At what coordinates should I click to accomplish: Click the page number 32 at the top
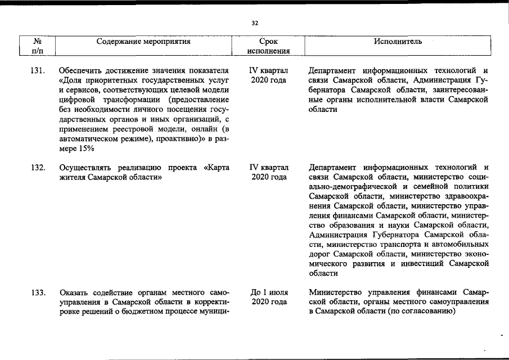click(255, 23)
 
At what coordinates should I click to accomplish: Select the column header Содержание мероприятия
click(143, 42)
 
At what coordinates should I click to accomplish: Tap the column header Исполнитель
click(398, 42)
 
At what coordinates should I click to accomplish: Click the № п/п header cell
click(38, 46)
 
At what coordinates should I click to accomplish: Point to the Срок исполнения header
click(268, 46)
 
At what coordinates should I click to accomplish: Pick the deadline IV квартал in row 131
click(268, 71)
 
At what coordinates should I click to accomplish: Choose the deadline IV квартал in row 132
click(268, 168)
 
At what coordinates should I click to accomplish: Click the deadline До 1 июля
click(269, 293)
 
